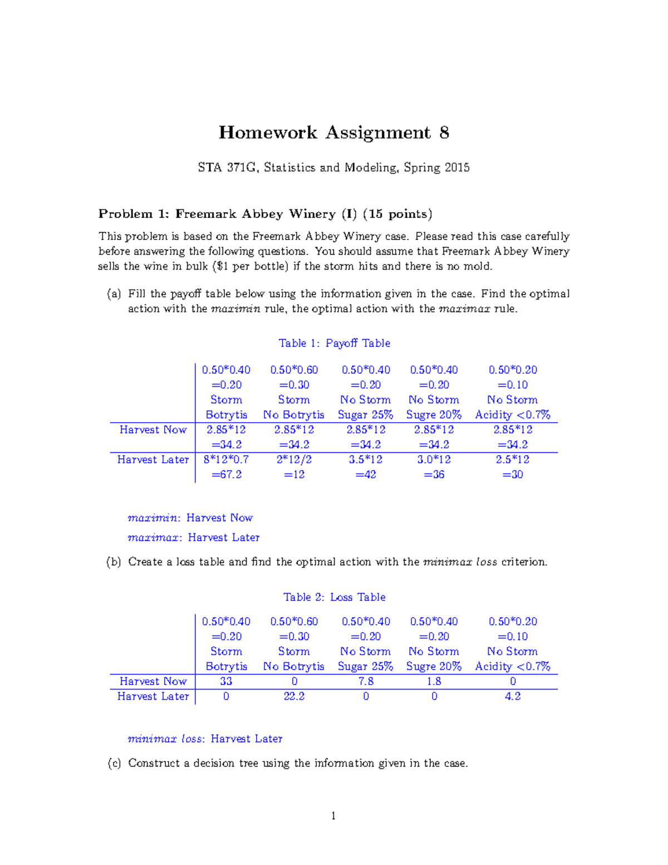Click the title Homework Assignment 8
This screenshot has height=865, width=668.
pos(333,133)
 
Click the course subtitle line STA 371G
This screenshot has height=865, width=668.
pos(333,168)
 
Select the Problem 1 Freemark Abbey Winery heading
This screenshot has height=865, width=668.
pos(265,214)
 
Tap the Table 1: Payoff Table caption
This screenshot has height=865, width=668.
pos(334,343)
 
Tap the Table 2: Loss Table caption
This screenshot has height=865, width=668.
pos(334,597)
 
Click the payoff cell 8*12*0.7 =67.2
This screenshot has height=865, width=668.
pos(226,467)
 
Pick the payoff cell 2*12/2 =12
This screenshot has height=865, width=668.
pos(294,467)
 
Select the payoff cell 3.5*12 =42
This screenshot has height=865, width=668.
pos(366,467)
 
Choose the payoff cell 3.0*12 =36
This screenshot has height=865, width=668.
pos(434,467)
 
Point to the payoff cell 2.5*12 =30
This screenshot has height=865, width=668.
pos(513,467)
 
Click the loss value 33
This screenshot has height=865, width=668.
pos(226,681)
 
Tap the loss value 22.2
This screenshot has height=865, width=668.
pos(294,696)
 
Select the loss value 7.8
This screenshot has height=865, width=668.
pos(366,681)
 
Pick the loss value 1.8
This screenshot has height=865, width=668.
pos(434,681)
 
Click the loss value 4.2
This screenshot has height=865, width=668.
pos(513,696)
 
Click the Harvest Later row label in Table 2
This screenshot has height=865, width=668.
pos(153,696)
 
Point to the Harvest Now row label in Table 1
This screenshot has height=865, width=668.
pos(153,429)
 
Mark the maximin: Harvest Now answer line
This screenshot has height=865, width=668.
pos(190,518)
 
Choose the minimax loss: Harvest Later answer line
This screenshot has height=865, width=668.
pos(205,739)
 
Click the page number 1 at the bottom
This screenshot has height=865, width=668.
pos(333,816)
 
